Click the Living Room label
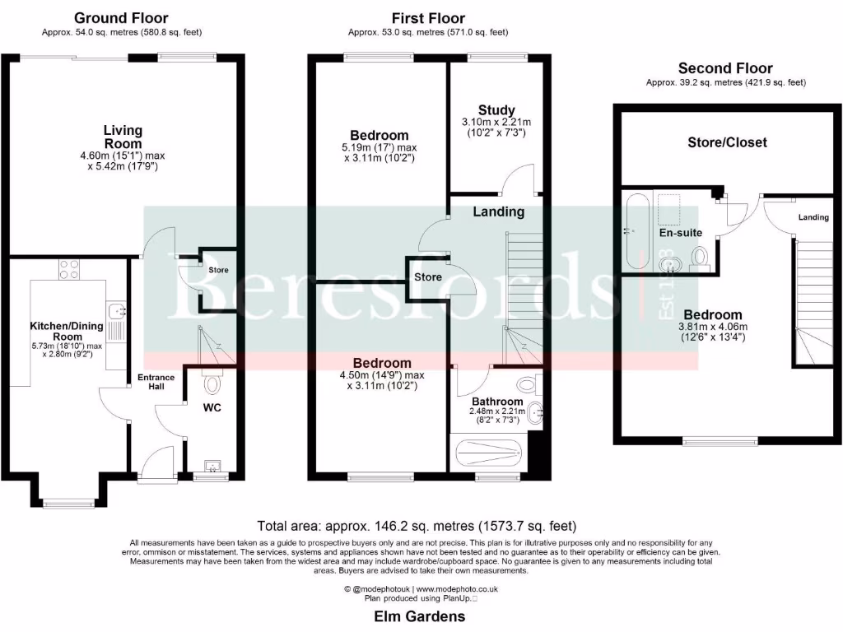(123, 137)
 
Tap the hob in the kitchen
(68, 269)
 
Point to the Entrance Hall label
(156, 382)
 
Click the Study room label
(496, 110)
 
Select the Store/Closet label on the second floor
(727, 142)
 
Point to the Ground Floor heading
(121, 18)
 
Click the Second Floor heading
(725, 68)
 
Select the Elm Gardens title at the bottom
(421, 616)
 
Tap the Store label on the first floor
(427, 277)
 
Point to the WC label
(212, 407)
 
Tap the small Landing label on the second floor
(813, 217)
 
